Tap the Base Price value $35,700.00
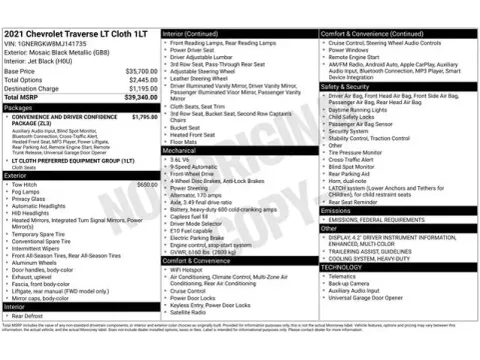pyautogui.click(x=139, y=72)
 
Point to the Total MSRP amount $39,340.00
pyautogui.click(x=139, y=97)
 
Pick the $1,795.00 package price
pyautogui.click(x=145, y=117)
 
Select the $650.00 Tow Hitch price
pyautogui.click(x=147, y=184)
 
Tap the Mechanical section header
pyautogui.click(x=181, y=149)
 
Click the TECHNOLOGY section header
pyautogui.click(x=342, y=267)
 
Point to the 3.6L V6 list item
pyautogui.click(x=181, y=158)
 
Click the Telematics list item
pyautogui.click(x=344, y=276)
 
